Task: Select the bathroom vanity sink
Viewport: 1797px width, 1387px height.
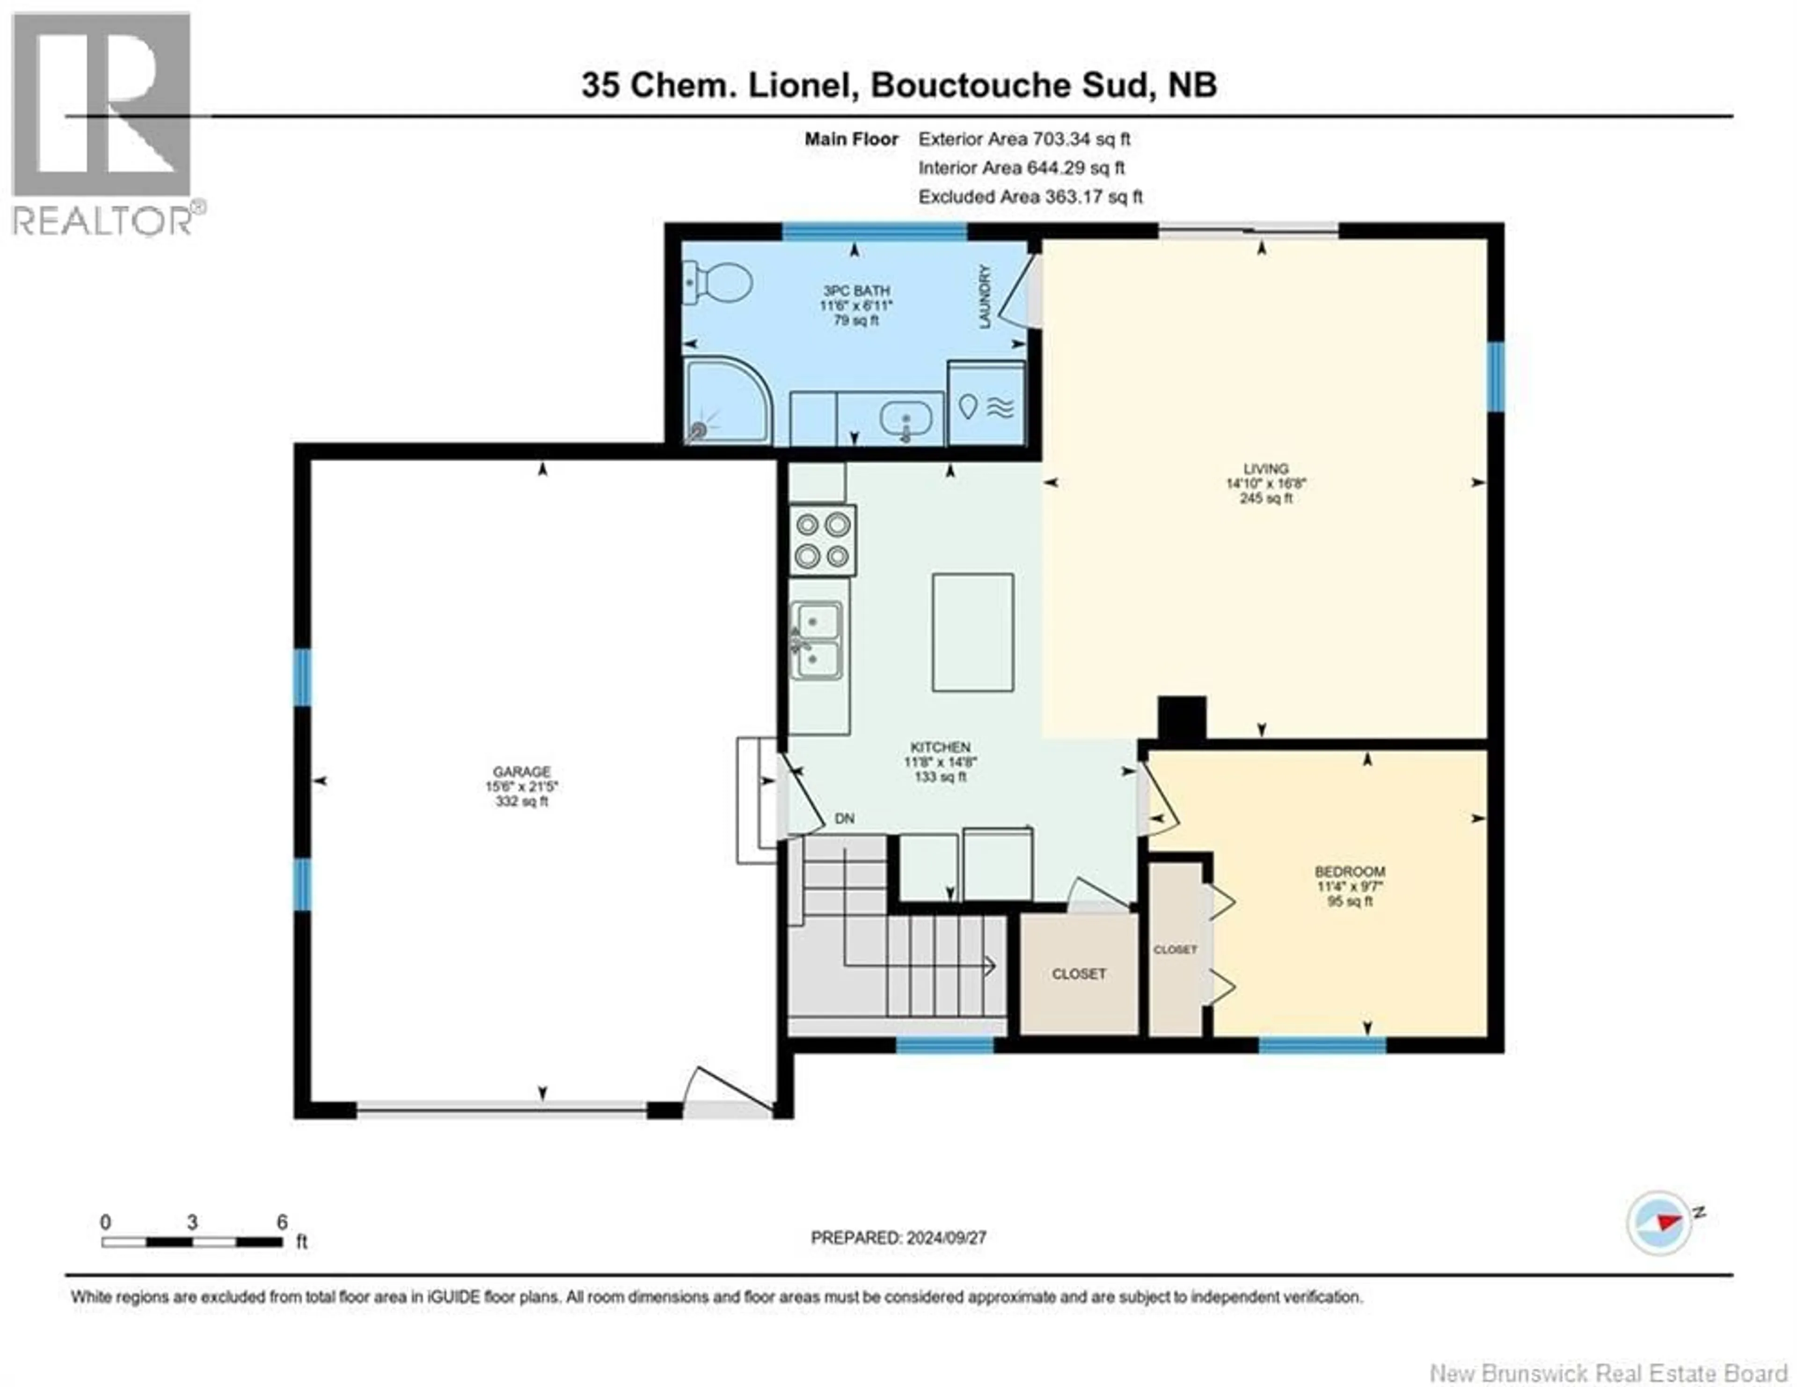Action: (x=905, y=420)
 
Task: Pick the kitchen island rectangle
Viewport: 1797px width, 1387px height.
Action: (x=972, y=632)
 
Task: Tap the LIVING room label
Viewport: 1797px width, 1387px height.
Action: (x=1265, y=469)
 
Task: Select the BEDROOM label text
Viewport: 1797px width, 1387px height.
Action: (x=1350, y=871)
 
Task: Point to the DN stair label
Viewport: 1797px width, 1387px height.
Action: (x=844, y=818)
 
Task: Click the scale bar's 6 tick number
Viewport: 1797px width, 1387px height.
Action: (x=282, y=1222)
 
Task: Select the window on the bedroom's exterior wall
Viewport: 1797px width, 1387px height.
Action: (x=1322, y=1045)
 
